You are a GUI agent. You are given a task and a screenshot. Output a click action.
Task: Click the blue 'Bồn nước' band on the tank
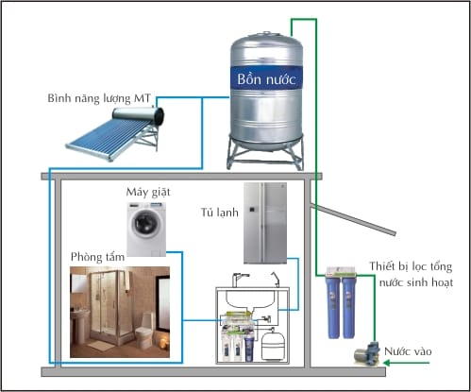266,78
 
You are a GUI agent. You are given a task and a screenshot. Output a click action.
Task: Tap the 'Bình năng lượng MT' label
99,98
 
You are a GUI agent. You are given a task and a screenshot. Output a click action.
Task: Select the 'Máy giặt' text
148,192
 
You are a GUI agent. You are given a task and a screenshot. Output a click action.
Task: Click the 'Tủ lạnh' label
220,213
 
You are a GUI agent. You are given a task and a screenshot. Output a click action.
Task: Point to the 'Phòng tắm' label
97,257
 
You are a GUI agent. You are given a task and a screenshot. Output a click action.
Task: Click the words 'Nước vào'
408,351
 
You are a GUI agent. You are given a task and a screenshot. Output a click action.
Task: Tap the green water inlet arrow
406,363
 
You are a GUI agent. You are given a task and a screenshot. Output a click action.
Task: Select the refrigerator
265,223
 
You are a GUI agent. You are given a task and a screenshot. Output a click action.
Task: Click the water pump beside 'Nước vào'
367,353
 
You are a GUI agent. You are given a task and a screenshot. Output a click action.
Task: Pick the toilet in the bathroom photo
144,330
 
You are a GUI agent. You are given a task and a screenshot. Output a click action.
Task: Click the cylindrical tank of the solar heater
138,115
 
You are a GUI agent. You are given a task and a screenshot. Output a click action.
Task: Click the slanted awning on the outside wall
353,219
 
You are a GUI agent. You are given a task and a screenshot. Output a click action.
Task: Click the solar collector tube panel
108,140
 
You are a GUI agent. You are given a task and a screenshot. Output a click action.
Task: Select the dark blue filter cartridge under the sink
249,349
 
